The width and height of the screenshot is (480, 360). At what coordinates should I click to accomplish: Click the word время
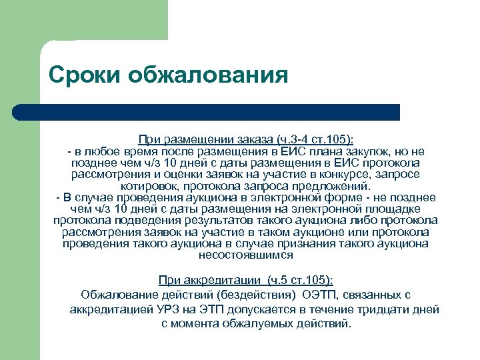138,152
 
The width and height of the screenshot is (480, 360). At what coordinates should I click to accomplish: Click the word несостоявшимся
245,254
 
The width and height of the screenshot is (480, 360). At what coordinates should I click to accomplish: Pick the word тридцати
383,309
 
